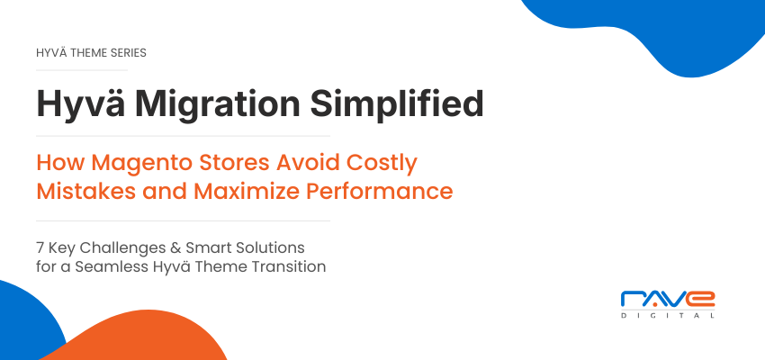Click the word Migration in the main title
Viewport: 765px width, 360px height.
218,103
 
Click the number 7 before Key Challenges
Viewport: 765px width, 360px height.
40,247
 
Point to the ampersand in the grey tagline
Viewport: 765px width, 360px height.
176,247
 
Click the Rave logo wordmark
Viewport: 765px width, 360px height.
668,299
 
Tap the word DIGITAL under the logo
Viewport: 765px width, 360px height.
668,316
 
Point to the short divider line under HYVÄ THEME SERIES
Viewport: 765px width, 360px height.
82,70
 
